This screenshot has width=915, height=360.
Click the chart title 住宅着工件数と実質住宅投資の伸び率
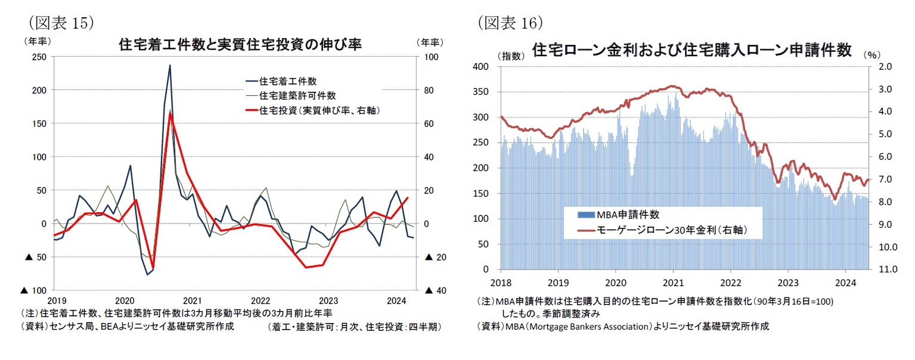pyautogui.click(x=240, y=45)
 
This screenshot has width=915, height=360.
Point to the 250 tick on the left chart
pyautogui.click(x=39, y=57)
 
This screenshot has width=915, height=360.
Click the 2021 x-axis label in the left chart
pyautogui.click(x=192, y=300)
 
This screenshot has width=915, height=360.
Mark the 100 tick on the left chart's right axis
pyautogui.click(x=430, y=57)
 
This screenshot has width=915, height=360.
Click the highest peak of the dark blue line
pyautogui.click(x=170, y=66)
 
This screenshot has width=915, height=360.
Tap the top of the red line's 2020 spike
pyautogui.click(x=170, y=112)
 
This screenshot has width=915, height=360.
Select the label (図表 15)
pyautogui.click(x=57, y=22)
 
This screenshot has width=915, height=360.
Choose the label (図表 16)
pyautogui.click(x=510, y=22)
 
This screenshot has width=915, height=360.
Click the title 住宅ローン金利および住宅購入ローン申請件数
pyautogui.click(x=691, y=49)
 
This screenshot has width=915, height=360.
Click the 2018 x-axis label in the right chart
pyautogui.click(x=501, y=281)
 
